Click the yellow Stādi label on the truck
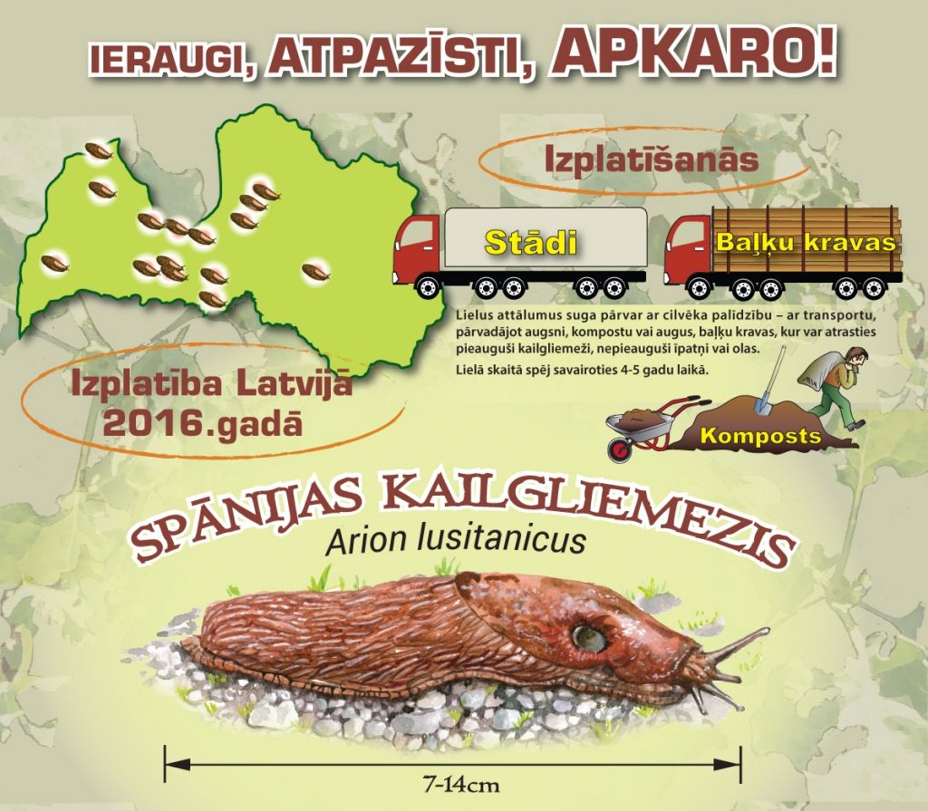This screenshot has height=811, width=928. click(530, 242)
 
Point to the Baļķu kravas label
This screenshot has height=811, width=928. click(806, 243)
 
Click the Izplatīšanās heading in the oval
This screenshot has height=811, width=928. click(651, 159)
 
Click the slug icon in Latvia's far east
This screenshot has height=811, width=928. click(315, 270)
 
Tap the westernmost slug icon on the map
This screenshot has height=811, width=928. click(54, 263)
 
